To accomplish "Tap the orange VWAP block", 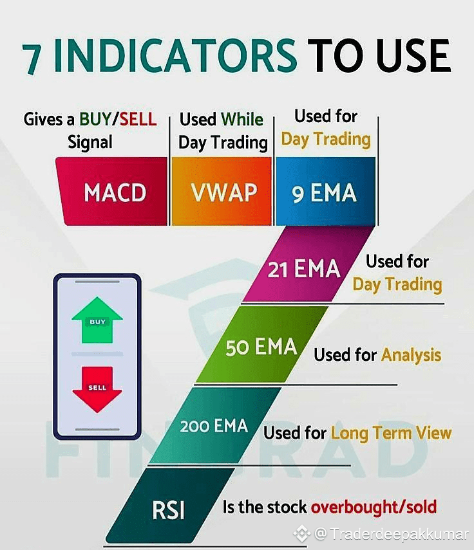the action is (222, 192).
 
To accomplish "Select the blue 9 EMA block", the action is (325, 192).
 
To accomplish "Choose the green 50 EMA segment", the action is (262, 344).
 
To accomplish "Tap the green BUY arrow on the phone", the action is (97, 320).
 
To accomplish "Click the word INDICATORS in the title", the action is (176, 55).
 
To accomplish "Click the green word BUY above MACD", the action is (95, 119).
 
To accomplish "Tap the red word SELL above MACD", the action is (138, 119).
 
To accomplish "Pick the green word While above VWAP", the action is (242, 119).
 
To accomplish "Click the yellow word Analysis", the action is (411, 355).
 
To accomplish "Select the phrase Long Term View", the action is (391, 433).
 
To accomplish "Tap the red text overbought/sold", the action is (374, 507).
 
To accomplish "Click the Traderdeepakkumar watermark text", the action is (399, 534).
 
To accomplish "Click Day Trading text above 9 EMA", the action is (326, 140).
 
